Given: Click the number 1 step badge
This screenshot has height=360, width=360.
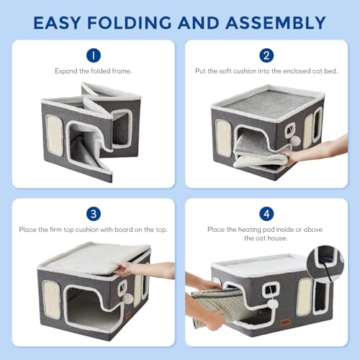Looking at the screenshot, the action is click(94, 55).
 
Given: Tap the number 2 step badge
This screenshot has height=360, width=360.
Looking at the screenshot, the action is click(266, 55).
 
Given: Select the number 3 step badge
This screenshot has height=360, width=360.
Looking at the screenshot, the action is click(94, 214).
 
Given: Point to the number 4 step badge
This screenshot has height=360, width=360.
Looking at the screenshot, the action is click(266, 214).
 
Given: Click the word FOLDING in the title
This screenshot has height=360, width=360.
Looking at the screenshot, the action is click(130, 23).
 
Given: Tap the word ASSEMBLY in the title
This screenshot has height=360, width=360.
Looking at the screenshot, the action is click(275, 23).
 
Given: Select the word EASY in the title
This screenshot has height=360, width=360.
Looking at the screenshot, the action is click(57, 23).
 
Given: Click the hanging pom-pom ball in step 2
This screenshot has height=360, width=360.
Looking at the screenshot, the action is click(296, 140).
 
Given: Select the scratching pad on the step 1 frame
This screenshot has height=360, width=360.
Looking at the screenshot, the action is click(54, 135).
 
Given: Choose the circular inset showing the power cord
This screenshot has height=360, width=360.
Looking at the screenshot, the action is click(326, 264).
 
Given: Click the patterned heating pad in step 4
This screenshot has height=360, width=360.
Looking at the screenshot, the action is click(218, 307).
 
